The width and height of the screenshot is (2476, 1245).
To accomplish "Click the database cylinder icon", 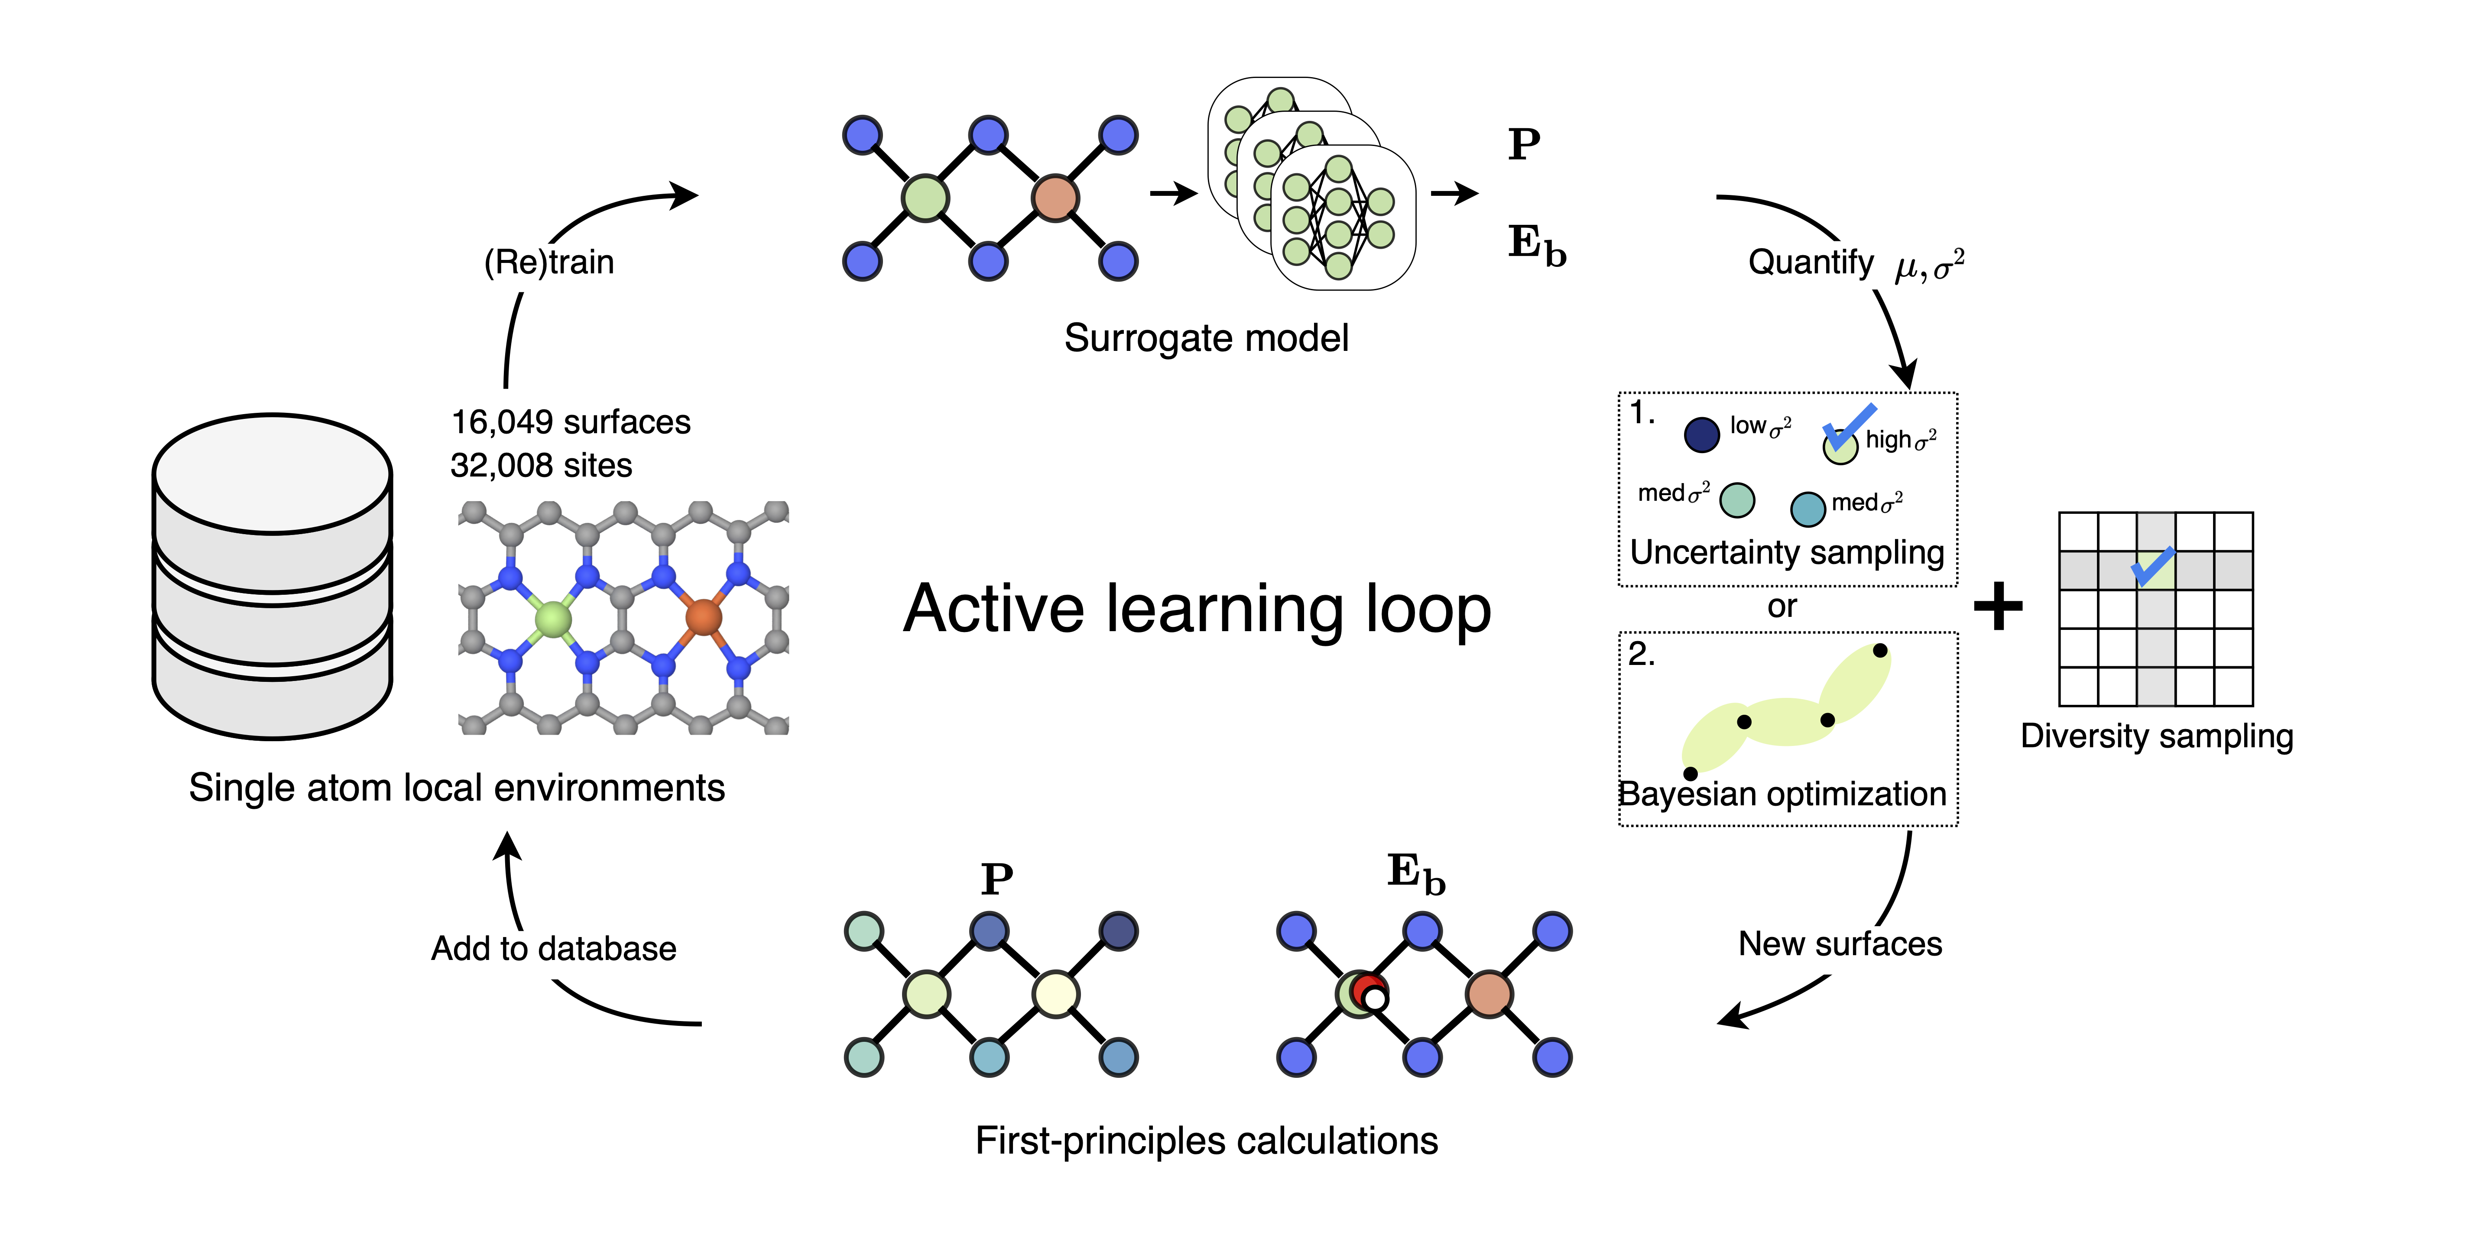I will pos(272,577).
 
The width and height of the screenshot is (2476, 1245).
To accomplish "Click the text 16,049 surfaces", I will pos(571,422).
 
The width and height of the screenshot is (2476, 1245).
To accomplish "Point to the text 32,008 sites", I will pos(541,465).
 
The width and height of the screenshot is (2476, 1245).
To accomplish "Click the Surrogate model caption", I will pos(1206,338).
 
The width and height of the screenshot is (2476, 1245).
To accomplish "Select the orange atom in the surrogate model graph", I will pos(1055,198).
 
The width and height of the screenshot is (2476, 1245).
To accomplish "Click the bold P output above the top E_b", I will pos(1523,145).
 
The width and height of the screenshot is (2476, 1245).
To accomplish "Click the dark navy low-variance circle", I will pos(1701,434).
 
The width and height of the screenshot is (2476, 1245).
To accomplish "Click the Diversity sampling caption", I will pos(2156,736).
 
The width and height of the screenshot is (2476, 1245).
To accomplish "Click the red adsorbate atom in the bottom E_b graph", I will pos(1367,986).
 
